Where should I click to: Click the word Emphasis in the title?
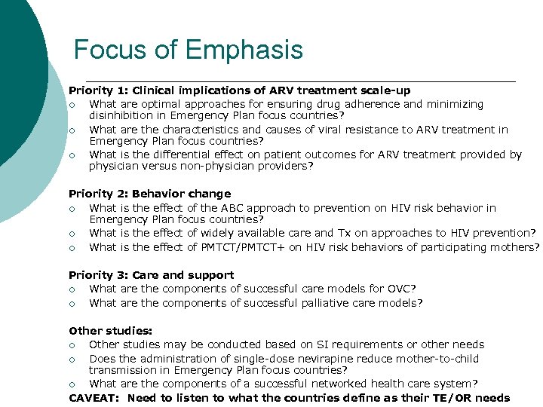click(244, 50)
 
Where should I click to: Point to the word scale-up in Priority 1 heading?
click(386, 90)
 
